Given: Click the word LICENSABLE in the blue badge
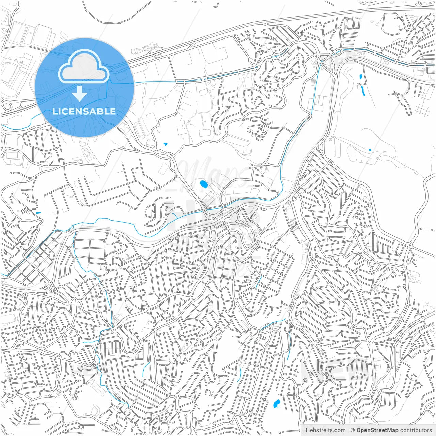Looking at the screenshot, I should pyautogui.click(x=84, y=111).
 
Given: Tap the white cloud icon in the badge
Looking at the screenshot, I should pyautogui.click(x=84, y=68).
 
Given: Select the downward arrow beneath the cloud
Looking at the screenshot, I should pyautogui.click(x=79, y=94).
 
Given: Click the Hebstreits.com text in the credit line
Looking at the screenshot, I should pyautogui.click(x=325, y=430).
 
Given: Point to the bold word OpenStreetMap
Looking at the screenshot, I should pyautogui.click(x=377, y=430).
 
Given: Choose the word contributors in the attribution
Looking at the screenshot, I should pyautogui.click(x=416, y=430).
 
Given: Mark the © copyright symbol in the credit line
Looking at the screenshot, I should pyautogui.click(x=353, y=430).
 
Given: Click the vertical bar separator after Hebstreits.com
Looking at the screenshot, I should pyautogui.click(x=348, y=430).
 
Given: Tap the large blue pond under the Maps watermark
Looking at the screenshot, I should pyautogui.click(x=203, y=185).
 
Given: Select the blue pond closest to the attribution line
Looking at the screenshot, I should pyautogui.click(x=276, y=404).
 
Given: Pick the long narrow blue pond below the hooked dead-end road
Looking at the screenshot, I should pyautogui.click(x=363, y=91).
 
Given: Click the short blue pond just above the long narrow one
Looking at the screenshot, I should pyautogui.click(x=360, y=77).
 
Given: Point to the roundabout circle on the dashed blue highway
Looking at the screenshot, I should pyautogui.click(x=338, y=52).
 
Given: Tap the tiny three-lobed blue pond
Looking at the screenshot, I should pyautogui.click(x=166, y=144).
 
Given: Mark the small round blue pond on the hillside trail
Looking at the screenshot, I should pyautogui.click(x=370, y=150).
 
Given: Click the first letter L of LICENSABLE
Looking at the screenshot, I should pyautogui.click(x=54, y=111).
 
